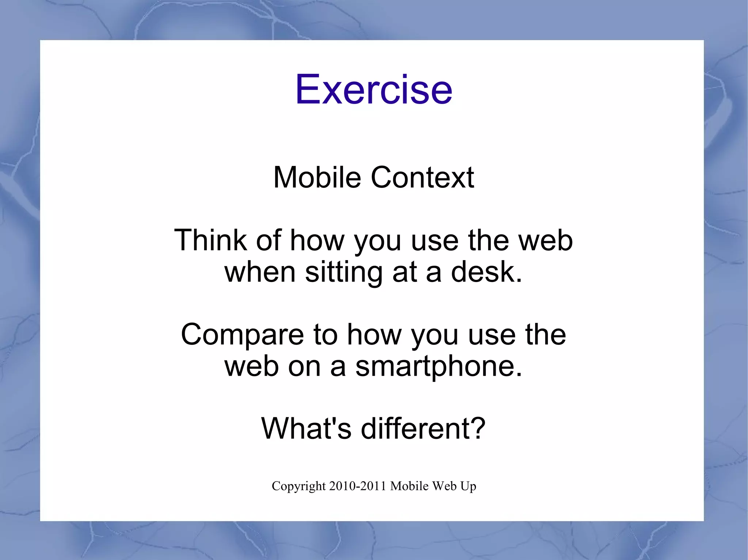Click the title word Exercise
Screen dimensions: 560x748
click(374, 89)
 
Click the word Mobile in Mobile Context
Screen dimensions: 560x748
click(317, 177)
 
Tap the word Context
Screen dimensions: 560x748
click(422, 177)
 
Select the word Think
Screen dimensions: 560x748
click(210, 240)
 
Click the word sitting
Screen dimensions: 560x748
click(344, 273)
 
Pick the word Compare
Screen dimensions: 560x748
click(242, 335)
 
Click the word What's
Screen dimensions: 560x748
click(306, 428)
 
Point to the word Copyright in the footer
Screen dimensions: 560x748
click(298, 486)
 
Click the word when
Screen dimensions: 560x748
click(260, 273)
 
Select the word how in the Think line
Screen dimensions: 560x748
click(317, 240)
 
